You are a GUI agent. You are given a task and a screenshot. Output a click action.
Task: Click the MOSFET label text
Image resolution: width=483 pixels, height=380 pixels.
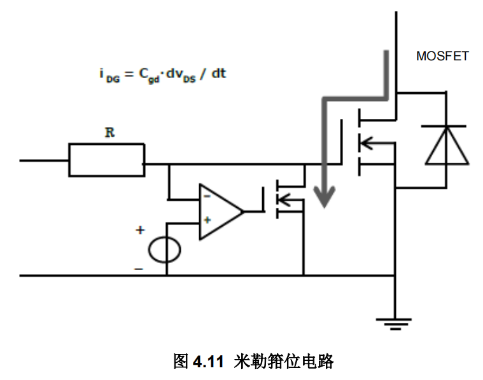tap(442, 57)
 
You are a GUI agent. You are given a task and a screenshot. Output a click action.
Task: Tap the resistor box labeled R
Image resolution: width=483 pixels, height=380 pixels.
tap(106, 159)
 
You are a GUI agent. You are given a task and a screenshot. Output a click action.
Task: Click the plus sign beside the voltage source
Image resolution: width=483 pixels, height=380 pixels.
tap(140, 230)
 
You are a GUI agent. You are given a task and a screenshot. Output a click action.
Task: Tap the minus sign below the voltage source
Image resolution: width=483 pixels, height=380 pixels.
tap(139, 269)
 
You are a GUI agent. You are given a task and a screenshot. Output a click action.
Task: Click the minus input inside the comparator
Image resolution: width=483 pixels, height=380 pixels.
tap(207, 197)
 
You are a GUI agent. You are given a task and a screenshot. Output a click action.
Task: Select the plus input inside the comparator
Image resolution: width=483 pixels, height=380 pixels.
tap(207, 221)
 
